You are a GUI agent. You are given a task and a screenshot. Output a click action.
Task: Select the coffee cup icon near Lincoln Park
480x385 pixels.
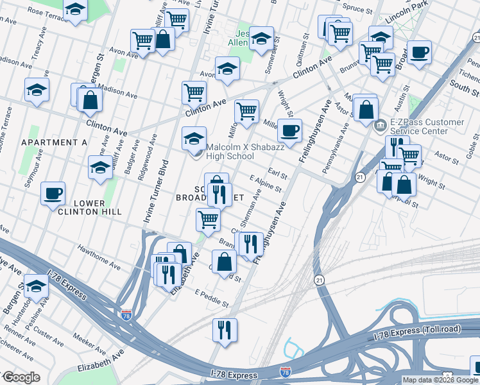click(419, 53)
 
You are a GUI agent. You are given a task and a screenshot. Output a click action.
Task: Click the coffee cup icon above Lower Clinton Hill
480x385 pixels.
click(53, 193)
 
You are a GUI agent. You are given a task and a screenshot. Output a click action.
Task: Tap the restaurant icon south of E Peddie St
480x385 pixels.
click(225, 330)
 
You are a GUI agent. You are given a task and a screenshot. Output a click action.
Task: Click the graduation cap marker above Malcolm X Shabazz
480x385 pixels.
click(194, 138)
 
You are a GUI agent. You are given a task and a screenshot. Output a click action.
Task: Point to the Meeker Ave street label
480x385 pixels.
click(89, 339)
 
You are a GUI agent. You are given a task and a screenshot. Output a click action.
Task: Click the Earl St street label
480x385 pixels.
click(278, 174)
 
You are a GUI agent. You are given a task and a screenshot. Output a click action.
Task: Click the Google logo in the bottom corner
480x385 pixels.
click(21, 377)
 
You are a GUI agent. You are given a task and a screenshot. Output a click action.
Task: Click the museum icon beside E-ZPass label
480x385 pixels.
click(380, 124)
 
